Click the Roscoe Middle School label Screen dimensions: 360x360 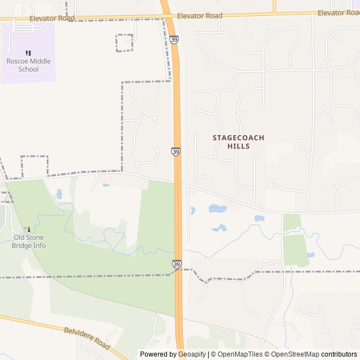tap(28, 65)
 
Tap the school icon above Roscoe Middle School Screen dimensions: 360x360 tap(28, 53)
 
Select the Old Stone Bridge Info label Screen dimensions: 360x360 tap(29, 242)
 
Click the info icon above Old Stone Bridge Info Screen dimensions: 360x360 tap(29, 229)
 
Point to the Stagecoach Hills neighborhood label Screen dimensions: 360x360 tap(238, 142)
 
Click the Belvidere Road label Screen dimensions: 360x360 tap(87, 339)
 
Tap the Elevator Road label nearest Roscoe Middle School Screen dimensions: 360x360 tap(52, 19)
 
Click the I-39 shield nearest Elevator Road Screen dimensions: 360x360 tap(174, 40)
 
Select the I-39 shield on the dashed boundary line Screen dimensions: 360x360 tap(177, 264)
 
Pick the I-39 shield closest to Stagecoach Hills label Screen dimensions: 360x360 tap(176, 152)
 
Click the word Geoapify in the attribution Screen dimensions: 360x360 tap(191, 354)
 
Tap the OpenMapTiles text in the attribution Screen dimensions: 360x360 tap(240, 354)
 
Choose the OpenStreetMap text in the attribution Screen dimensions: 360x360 tap(295, 354)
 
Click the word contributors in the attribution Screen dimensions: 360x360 tap(339, 354)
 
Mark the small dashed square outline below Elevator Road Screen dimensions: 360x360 tap(124, 43)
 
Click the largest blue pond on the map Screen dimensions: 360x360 tap(217, 209)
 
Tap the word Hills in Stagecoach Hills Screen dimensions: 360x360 tap(238, 146)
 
